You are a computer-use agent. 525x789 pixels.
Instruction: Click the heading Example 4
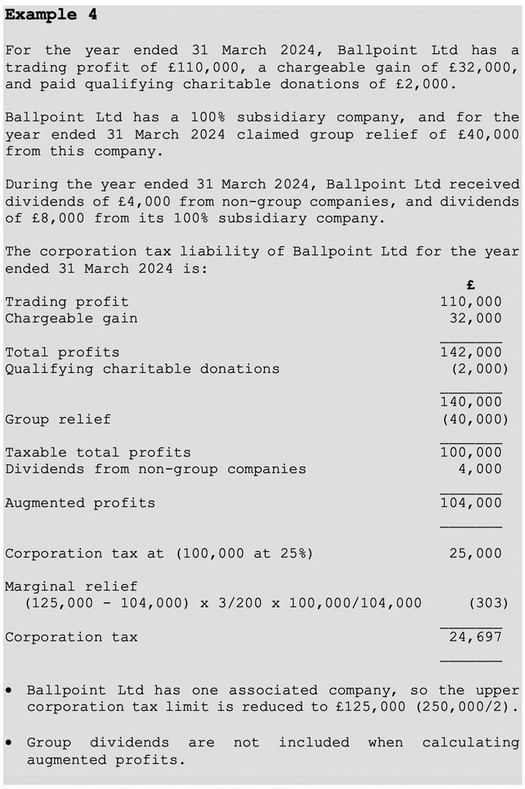[51, 15]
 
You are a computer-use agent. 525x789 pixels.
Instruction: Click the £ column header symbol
[470, 285]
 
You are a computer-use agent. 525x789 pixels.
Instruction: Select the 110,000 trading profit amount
[471, 301]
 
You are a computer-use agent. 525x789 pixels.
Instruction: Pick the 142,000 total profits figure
[471, 352]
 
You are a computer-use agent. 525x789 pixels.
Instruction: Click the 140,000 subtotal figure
[471, 402]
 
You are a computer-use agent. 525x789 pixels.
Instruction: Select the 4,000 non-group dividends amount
[480, 469]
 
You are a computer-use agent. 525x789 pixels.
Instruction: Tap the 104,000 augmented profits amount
[471, 502]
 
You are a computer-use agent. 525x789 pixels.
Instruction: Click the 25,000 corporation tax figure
[475, 553]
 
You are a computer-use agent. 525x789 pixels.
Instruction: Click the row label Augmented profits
[80, 502]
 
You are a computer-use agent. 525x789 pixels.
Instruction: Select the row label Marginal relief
[71, 586]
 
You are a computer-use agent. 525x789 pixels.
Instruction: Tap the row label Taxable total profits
[97, 452]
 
